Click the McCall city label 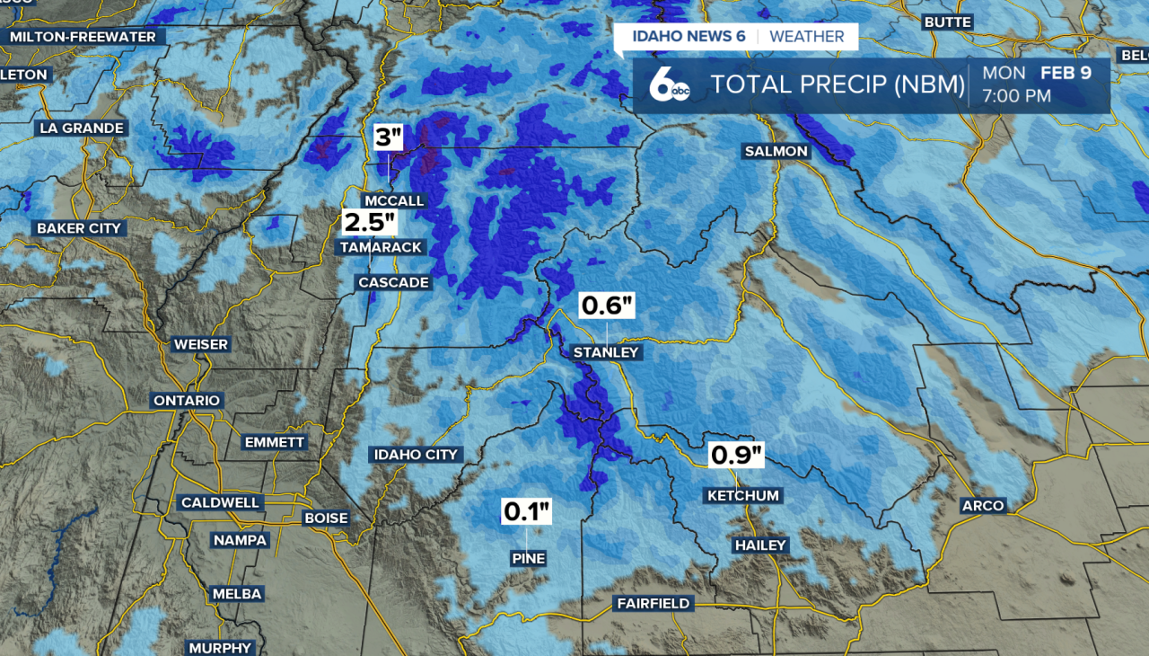tap(394, 200)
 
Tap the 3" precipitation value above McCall tap(389, 137)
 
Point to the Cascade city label tap(393, 282)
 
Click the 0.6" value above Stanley tap(608, 306)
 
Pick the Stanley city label tap(606, 352)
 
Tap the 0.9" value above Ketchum tap(737, 456)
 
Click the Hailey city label tap(760, 545)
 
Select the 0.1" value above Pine tap(527, 512)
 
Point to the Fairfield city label tap(653, 603)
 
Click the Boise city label tap(326, 518)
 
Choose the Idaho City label tap(416, 455)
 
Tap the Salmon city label tap(776, 151)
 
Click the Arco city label tap(983, 506)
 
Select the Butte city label tap(947, 22)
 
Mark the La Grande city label tap(81, 128)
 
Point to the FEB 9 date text tap(1066, 73)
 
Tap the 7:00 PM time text tap(1016, 95)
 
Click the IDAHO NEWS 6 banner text tap(689, 37)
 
